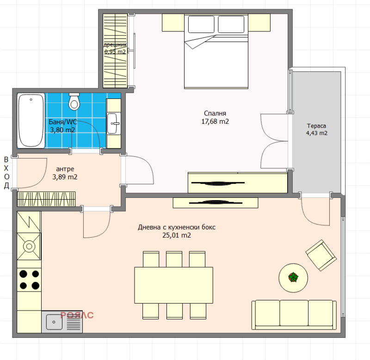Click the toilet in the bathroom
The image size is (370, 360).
(74, 101)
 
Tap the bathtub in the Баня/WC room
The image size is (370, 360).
(31, 121)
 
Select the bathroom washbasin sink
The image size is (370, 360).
(114, 123)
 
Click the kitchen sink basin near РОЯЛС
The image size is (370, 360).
(54, 322)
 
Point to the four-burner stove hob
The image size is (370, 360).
(29, 280)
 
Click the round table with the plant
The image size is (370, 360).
(293, 278)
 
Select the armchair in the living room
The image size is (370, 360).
(321, 255)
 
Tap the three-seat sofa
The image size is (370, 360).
(294, 315)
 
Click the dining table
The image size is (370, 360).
(174, 285)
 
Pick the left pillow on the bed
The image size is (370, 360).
(201, 24)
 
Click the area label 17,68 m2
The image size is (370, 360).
(215, 122)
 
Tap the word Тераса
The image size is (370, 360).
(316, 126)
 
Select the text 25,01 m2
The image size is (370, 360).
(177, 235)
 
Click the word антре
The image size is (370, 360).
(65, 169)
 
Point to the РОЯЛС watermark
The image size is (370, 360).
(77, 315)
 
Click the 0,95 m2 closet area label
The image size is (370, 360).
(115, 52)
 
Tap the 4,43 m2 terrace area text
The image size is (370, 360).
(317, 133)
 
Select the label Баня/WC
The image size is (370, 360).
(63, 122)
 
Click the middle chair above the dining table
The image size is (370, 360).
(174, 259)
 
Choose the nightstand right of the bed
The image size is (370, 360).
(259, 22)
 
